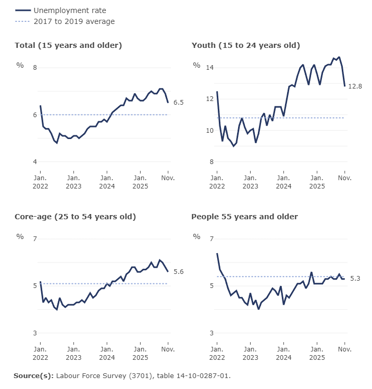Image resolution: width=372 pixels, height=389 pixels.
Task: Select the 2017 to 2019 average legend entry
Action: pyautogui.click(x=74, y=21)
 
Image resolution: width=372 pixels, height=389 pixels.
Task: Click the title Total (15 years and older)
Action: pyautogui.click(x=68, y=45)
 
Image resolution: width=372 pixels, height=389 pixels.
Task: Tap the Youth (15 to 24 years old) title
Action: pyautogui.click(x=246, y=45)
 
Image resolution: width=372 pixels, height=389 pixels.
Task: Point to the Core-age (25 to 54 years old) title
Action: pyautogui.click(x=75, y=217)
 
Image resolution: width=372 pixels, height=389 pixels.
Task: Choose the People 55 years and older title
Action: pyautogui.click(x=244, y=217)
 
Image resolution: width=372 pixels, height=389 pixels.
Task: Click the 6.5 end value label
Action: pyautogui.click(x=178, y=103)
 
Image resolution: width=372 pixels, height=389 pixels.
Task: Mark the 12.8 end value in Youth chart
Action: pyautogui.click(x=355, y=86)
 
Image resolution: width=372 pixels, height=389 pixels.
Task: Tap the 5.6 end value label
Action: pyautogui.click(x=178, y=272)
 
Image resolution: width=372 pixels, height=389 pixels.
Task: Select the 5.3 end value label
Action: pyautogui.click(x=355, y=279)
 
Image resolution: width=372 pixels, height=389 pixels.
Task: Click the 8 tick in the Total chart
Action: pyautogui.click(x=35, y=68)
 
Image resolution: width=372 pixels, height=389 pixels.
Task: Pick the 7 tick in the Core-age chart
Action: pyautogui.click(x=35, y=239)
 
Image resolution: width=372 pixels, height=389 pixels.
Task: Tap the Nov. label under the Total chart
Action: pyautogui.click(x=168, y=178)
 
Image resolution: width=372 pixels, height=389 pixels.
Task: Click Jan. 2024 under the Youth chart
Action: pyautogui.click(x=283, y=182)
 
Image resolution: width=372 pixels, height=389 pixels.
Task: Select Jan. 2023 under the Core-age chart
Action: pyautogui.click(x=73, y=353)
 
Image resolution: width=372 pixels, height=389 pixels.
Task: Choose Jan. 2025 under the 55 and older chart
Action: pyautogui.click(x=317, y=353)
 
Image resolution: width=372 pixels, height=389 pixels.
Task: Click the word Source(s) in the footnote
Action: pyautogui.click(x=33, y=375)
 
